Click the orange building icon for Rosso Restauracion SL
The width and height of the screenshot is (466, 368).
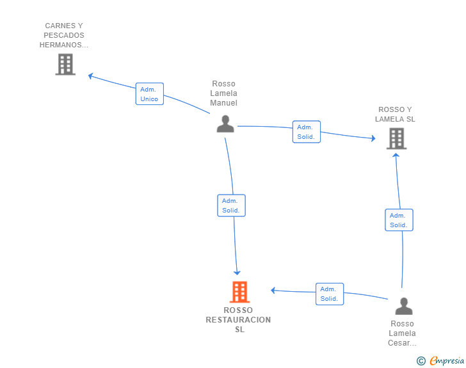tap(239, 292)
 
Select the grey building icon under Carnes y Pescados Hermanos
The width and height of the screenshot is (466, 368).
tap(65, 64)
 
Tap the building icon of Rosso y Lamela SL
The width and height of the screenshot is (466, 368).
tap(396, 138)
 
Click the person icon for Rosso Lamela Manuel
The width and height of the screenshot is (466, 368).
tap(225, 124)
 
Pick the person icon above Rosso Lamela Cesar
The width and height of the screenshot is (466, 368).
tap(404, 306)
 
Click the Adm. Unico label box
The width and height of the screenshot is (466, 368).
tap(150, 94)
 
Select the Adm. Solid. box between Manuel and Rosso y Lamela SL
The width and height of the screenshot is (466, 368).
tap(307, 132)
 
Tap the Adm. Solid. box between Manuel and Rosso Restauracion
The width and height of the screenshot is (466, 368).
tap(231, 205)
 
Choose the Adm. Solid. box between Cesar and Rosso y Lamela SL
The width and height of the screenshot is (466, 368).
tap(399, 220)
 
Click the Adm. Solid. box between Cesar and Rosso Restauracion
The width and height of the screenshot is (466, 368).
tap(330, 294)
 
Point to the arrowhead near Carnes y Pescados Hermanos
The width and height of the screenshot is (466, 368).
tap(91, 76)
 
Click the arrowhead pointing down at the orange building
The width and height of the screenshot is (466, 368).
tap(237, 272)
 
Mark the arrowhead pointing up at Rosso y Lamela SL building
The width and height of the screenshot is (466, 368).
tap(396, 155)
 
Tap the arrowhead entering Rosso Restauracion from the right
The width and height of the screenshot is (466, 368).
tap(273, 291)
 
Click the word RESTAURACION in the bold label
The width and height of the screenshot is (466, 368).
tap(238, 320)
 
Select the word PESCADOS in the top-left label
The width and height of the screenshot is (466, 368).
tap(64, 35)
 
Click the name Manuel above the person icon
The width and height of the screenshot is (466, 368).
tap(224, 103)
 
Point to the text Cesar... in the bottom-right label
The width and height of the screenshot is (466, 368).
tap(402, 343)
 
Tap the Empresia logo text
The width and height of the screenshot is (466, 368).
tap(447, 361)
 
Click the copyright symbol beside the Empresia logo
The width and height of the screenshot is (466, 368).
tap(421, 361)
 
